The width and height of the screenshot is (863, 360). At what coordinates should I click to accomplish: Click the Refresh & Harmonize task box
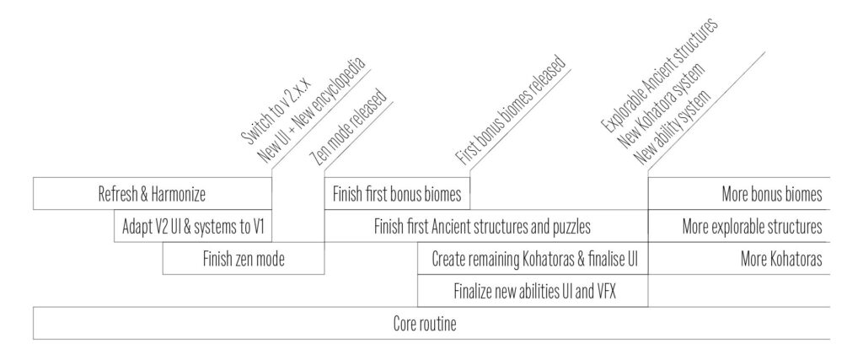click(x=153, y=193)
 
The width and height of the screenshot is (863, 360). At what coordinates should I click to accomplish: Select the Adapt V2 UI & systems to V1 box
click(x=193, y=226)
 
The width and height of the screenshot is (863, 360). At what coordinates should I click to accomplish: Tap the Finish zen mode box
click(x=244, y=258)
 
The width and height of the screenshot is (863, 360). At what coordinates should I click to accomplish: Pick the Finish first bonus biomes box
click(x=397, y=193)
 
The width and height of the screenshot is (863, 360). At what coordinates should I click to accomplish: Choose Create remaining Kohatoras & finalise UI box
click(x=533, y=258)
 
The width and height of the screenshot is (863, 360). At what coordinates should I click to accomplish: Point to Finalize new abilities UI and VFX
click(x=533, y=291)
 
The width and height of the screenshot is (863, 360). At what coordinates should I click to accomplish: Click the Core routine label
click(x=425, y=323)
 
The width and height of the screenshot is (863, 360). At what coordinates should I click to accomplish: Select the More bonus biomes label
click(x=772, y=194)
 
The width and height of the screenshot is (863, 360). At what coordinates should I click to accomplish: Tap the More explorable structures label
click(x=753, y=226)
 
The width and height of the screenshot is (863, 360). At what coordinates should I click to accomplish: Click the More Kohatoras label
click(x=781, y=258)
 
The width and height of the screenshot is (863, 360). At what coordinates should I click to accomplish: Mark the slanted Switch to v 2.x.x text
click(x=276, y=111)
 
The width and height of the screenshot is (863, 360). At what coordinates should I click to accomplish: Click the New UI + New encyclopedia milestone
click(x=312, y=110)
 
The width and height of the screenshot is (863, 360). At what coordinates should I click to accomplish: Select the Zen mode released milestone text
click(x=349, y=126)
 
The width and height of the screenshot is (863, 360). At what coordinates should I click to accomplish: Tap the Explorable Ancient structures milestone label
click(x=659, y=75)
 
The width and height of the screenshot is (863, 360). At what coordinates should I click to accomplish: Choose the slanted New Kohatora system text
click(x=662, y=107)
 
